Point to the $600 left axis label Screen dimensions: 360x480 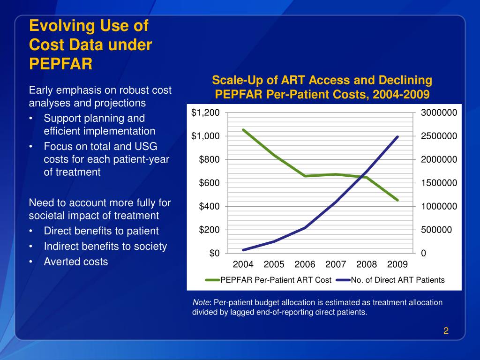[208, 183]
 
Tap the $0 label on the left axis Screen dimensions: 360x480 [214, 253]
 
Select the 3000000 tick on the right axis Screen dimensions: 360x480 [439, 112]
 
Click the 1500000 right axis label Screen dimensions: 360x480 [439, 183]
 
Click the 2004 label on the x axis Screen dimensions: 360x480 [243, 264]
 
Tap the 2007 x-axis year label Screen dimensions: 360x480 [336, 264]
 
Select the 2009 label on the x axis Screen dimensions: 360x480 [397, 264]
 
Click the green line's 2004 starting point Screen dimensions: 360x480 [243, 130]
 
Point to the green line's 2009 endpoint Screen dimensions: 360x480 [397, 200]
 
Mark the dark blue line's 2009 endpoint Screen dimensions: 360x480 [397, 137]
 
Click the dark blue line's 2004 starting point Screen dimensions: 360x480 [243, 250]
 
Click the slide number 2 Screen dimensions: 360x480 [446, 331]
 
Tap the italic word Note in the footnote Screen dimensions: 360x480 [201, 302]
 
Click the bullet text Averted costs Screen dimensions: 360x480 [76, 262]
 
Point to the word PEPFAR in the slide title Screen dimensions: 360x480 [60, 63]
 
